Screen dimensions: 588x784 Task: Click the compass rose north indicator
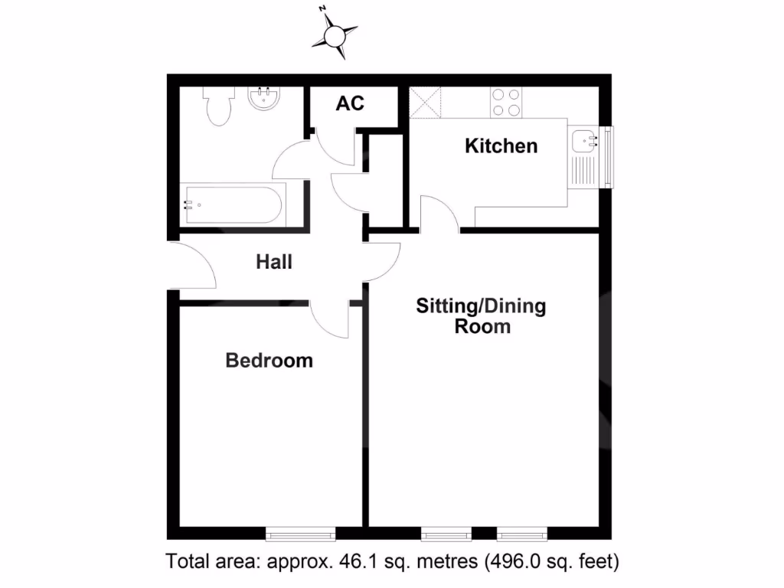coord(335,33)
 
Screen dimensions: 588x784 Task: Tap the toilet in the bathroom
coord(217,106)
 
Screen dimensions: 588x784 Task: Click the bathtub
coord(233,204)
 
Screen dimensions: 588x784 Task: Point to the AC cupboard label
coord(350,103)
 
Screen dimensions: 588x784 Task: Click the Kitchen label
coord(501,145)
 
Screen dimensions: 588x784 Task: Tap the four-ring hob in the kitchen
coord(505,102)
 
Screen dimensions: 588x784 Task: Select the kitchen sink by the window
coord(585,141)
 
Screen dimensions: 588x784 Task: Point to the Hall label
coord(274,262)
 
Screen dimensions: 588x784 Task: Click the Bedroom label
coord(269,360)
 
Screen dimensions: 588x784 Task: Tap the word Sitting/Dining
coord(481,306)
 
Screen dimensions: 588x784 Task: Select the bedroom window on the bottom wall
coord(300,534)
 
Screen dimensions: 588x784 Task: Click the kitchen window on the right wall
coord(608,156)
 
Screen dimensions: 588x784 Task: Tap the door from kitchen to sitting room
coord(439,214)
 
